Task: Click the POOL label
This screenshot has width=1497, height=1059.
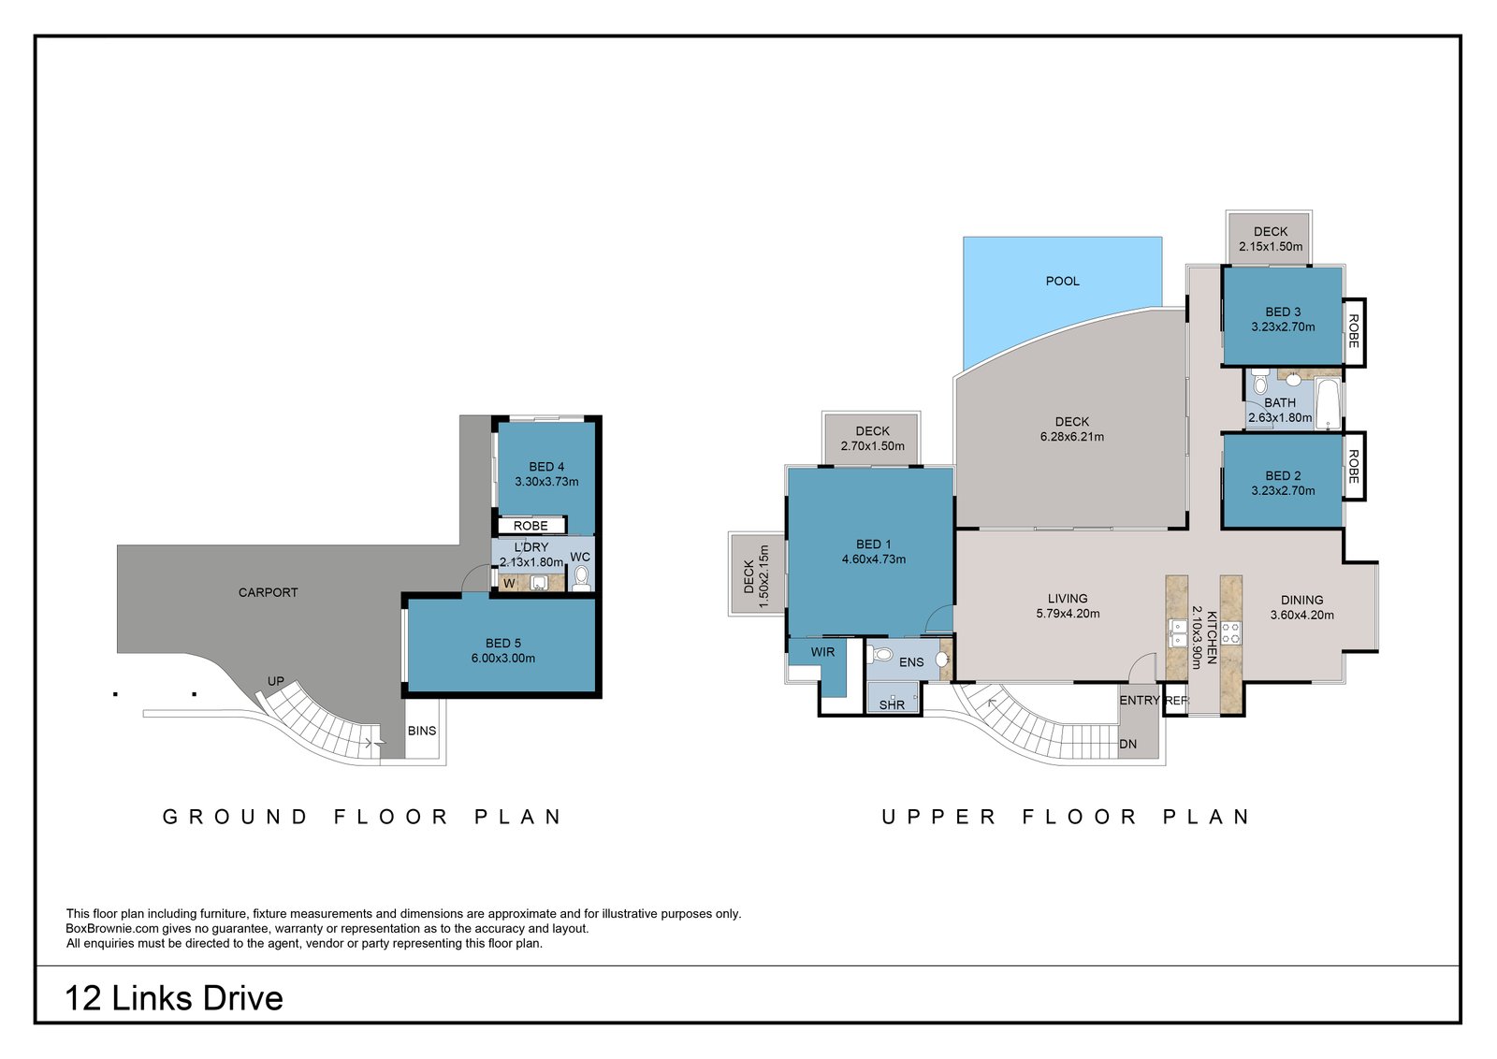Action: click(1063, 282)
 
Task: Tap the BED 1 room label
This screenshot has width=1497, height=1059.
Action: click(873, 544)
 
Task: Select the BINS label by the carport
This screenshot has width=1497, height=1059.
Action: click(422, 731)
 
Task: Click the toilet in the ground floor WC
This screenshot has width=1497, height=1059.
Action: click(581, 578)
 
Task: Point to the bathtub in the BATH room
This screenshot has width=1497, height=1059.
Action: click(1329, 404)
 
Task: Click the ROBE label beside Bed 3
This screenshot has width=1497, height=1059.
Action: click(1353, 331)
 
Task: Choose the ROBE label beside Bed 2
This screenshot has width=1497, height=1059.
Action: click(1353, 467)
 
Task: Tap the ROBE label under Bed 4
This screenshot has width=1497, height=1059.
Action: click(530, 526)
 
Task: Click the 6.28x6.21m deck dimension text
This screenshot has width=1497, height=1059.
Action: click(1072, 437)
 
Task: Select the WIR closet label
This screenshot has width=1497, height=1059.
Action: click(822, 652)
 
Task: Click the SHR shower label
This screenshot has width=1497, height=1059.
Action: click(893, 704)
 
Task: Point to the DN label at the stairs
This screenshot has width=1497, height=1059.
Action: click(1128, 745)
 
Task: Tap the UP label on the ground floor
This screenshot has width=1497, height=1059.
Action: click(276, 681)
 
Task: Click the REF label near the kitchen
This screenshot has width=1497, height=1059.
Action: click(1177, 700)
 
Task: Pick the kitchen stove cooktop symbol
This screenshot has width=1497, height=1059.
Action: click(1231, 633)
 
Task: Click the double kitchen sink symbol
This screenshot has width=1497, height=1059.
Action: click(1177, 633)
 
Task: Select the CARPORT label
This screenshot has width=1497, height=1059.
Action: click(268, 592)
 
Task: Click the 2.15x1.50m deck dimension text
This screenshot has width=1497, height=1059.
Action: click(1271, 247)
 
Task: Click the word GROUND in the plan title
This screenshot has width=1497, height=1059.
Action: click(235, 817)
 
